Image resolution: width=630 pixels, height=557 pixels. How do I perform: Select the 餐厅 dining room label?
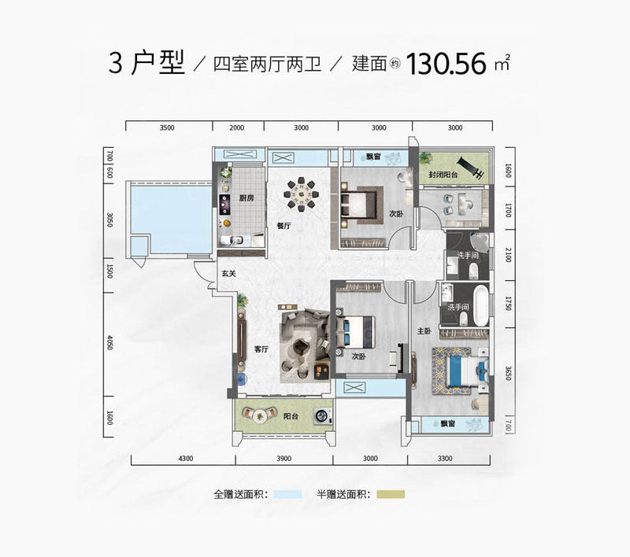(x=284, y=225)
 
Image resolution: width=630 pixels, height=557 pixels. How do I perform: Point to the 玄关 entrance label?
(x=228, y=273)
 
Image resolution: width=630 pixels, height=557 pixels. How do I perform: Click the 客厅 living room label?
(x=261, y=349)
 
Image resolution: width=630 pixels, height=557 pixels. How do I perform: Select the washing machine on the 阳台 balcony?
(x=320, y=417)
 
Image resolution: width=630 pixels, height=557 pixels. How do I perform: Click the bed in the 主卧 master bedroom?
(x=454, y=368)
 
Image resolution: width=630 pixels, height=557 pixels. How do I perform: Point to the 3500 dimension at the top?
(x=166, y=127)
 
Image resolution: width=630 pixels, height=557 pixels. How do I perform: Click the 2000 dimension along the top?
(x=236, y=127)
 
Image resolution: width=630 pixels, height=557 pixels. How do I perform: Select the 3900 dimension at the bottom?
(x=284, y=458)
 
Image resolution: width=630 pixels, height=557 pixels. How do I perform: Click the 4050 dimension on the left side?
(x=111, y=344)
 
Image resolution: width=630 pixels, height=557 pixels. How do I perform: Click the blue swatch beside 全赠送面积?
(x=287, y=495)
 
